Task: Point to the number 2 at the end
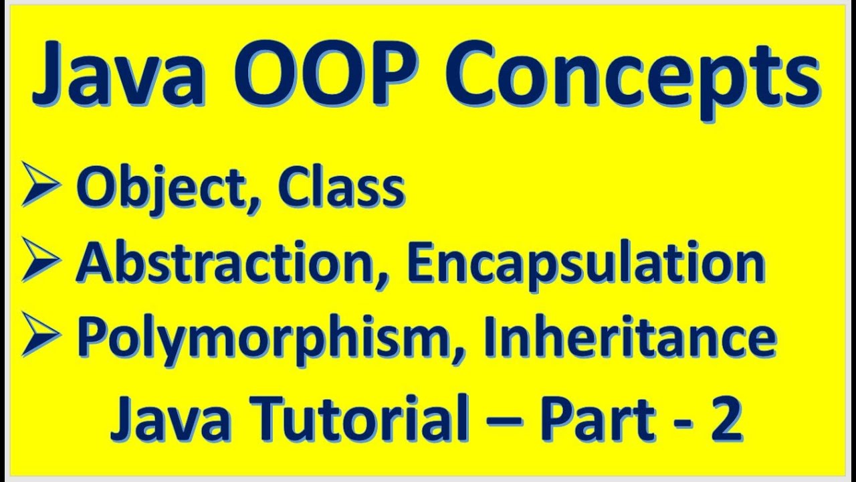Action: (728, 420)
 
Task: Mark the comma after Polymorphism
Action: (456, 352)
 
